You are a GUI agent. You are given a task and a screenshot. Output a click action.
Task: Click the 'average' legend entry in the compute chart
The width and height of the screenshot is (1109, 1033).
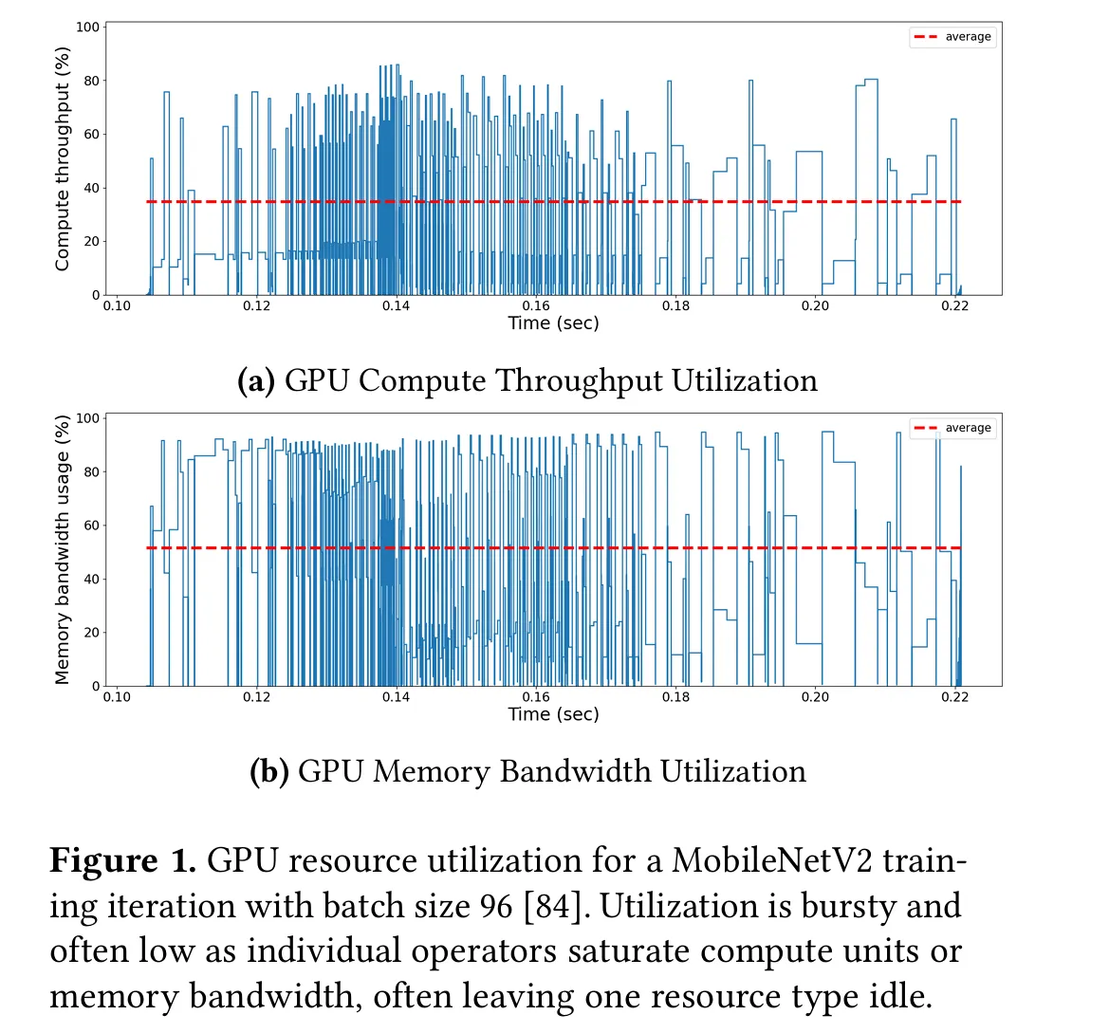(967, 37)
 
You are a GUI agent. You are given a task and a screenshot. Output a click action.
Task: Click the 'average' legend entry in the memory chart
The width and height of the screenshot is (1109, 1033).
(967, 428)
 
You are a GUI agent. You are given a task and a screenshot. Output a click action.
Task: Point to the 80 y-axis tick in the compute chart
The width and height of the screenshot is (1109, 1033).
(91, 81)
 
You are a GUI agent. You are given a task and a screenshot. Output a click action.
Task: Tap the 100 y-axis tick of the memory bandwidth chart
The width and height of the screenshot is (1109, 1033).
(88, 418)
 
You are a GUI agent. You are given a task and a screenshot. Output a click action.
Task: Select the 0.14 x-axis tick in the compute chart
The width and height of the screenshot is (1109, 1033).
(397, 305)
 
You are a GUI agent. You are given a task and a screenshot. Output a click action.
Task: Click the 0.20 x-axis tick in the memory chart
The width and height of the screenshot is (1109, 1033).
(815, 696)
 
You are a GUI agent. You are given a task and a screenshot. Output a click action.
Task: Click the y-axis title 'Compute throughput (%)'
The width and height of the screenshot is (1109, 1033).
(63, 159)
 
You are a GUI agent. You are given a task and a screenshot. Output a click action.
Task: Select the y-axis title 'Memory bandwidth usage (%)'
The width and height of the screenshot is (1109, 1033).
(63, 550)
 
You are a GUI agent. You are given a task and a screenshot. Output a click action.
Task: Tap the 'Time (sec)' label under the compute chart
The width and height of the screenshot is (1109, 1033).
(553, 323)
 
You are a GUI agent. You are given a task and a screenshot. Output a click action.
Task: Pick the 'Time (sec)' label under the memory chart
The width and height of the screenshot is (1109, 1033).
(553, 714)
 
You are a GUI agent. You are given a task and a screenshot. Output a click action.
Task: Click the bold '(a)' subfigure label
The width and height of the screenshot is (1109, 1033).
(256, 381)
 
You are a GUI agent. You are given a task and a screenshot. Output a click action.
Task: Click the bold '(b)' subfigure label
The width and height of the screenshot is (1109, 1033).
(268, 772)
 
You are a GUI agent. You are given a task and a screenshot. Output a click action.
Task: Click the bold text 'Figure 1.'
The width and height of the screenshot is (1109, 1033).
(122, 861)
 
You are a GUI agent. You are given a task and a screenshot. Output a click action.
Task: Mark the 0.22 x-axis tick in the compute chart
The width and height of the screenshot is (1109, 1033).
(954, 305)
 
